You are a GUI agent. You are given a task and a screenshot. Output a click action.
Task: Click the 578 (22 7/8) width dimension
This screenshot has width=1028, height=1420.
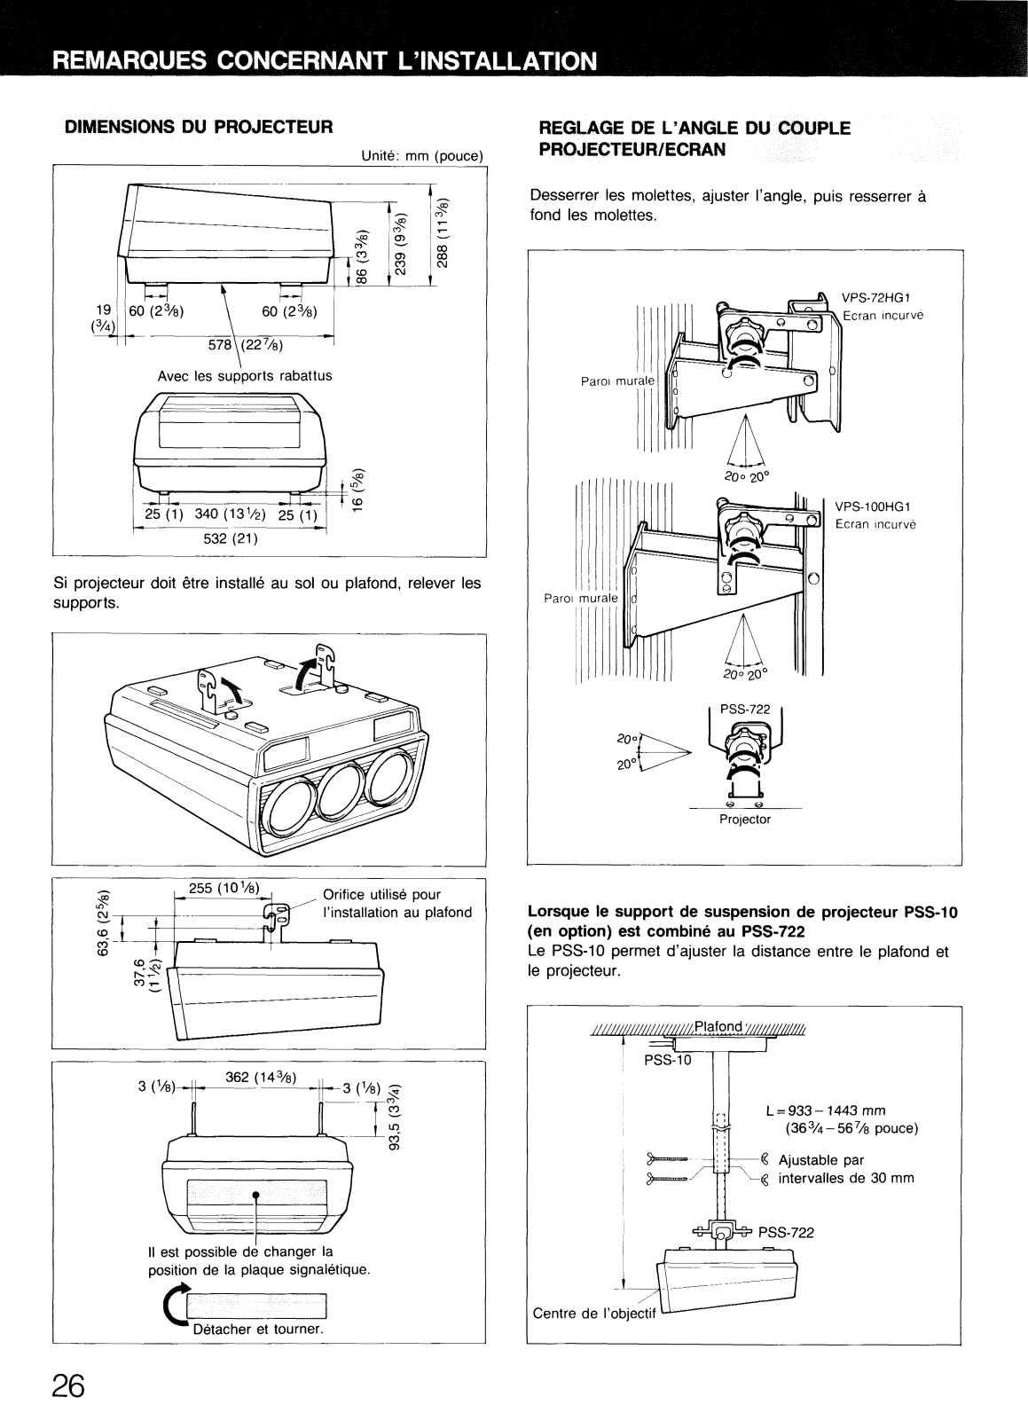coord(246,345)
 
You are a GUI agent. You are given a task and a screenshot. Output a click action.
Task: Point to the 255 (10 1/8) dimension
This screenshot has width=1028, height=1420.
coord(224,888)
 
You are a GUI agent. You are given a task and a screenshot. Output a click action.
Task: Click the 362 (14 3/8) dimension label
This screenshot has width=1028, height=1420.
coord(261,1078)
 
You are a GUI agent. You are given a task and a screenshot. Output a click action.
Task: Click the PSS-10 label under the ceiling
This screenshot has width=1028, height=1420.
coord(667,1060)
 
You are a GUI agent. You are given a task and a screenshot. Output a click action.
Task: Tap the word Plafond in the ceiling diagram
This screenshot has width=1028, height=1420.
coord(718,1026)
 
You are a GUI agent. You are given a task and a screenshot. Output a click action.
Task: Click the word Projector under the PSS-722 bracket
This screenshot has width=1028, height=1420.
coord(745,819)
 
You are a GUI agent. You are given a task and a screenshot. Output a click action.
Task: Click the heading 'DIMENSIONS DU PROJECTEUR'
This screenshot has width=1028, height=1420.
coord(199,127)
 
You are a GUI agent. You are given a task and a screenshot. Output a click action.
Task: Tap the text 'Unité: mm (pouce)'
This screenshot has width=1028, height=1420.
coord(422,155)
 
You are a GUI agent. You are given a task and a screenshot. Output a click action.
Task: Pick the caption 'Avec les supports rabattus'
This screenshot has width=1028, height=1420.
coord(245,376)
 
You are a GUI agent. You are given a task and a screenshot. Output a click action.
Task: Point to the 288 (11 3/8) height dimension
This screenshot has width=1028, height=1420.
coord(442,232)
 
